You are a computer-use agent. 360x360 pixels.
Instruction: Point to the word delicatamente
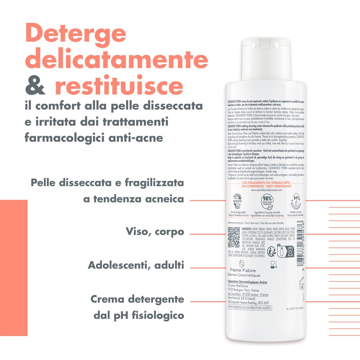coord(118,60)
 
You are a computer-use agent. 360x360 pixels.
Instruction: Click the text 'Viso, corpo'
coord(155,231)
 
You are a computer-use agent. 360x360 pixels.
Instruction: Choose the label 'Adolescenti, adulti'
coord(136,266)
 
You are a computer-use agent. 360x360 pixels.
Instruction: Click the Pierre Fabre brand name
coord(244,269)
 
